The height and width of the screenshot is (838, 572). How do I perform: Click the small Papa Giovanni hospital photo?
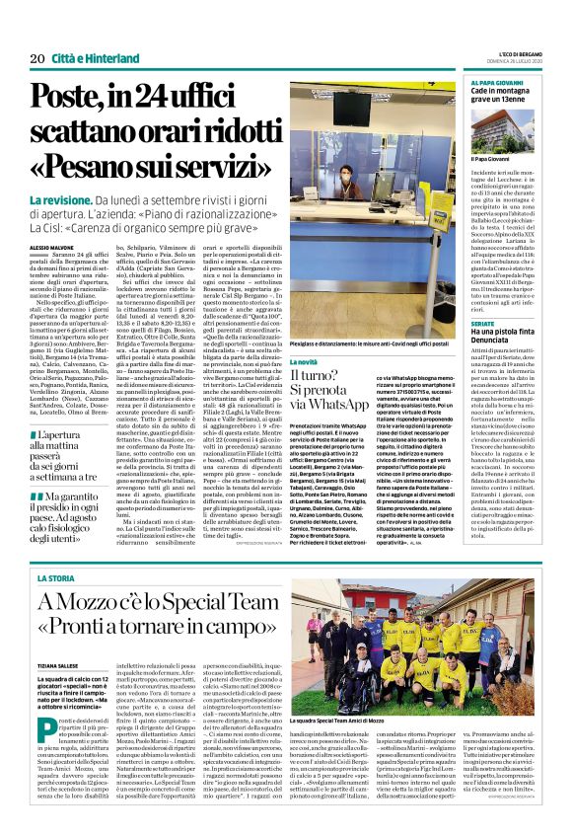(503, 144)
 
